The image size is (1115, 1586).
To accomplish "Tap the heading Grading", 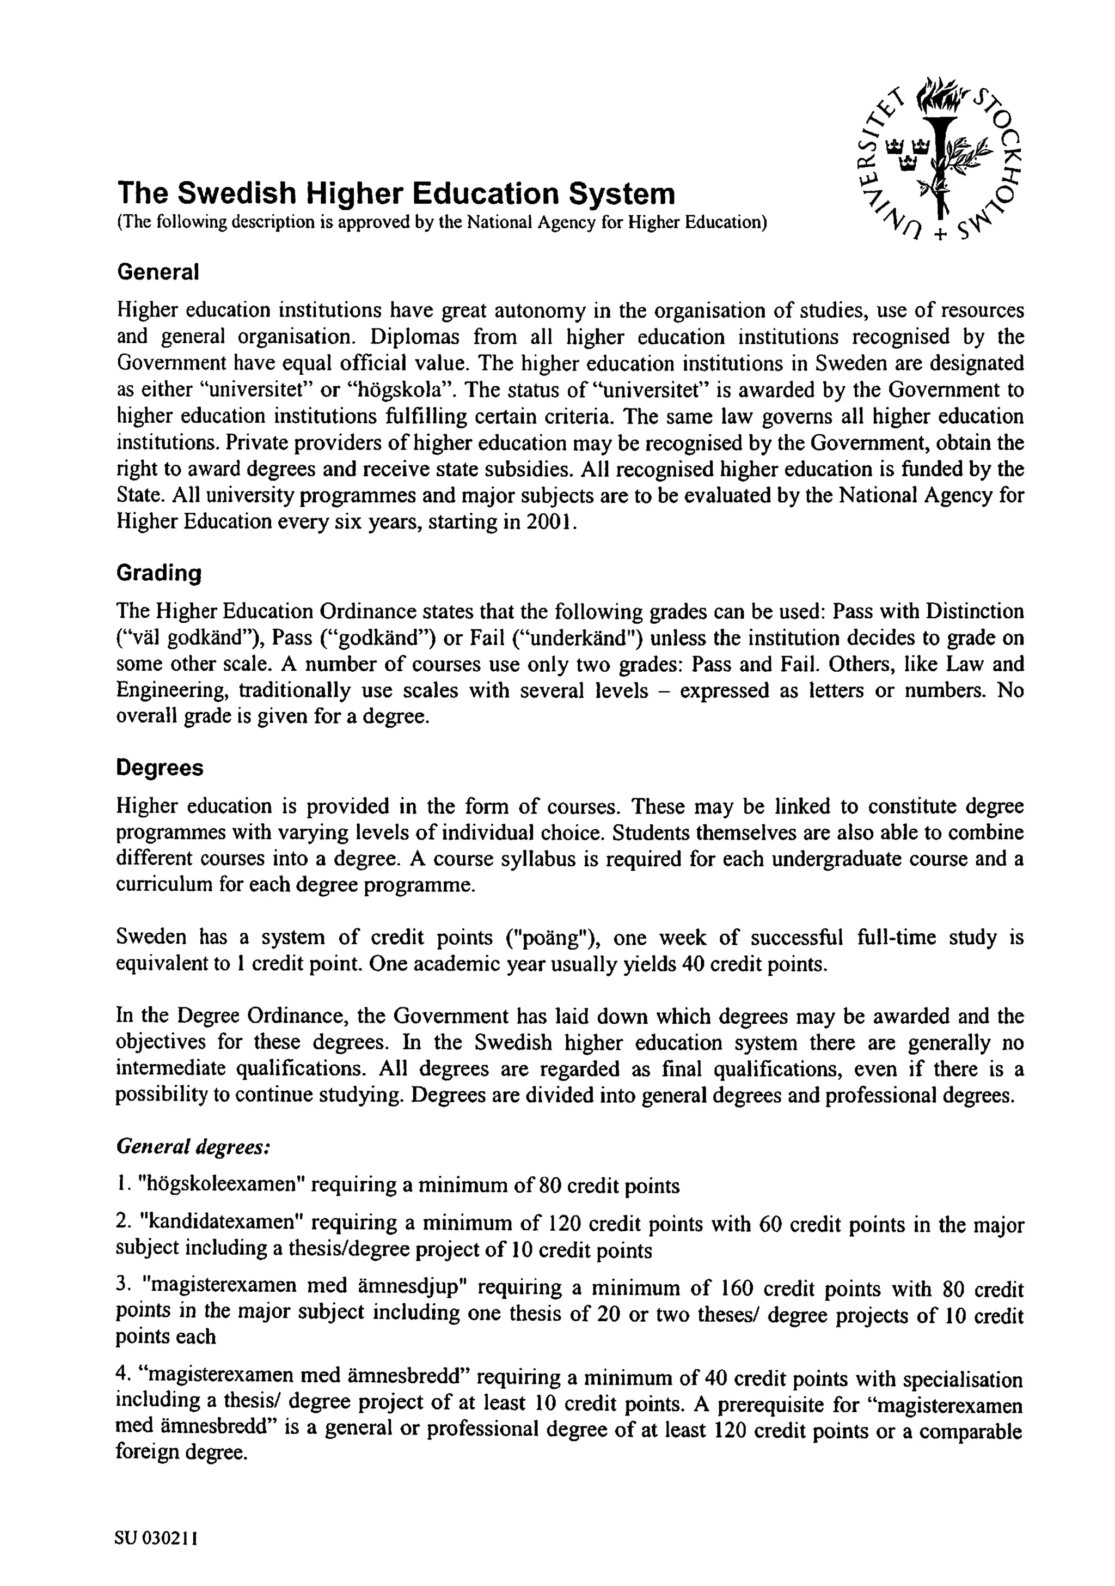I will (159, 573).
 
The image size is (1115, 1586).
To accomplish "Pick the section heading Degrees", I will (160, 768).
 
